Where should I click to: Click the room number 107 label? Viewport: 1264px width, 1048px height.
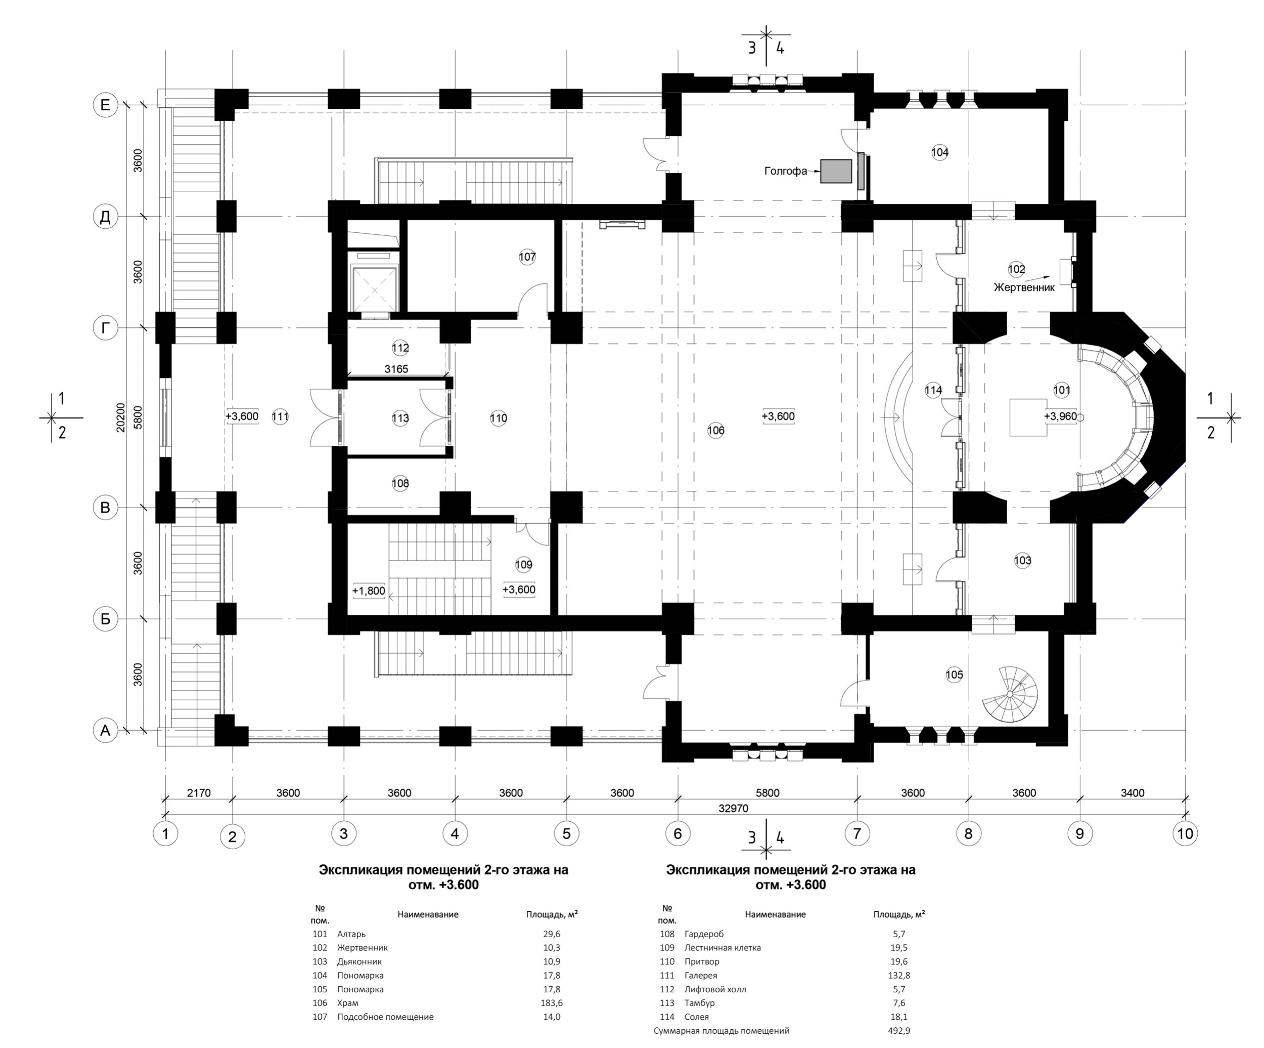click(x=527, y=257)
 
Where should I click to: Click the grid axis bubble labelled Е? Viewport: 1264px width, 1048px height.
click(x=105, y=106)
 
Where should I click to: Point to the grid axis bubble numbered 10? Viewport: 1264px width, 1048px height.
click(x=1185, y=833)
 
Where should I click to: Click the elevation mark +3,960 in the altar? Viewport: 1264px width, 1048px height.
click(x=1061, y=416)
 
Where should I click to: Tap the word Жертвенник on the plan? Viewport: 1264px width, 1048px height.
click(x=1024, y=288)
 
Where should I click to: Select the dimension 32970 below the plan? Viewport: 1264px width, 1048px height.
click(x=733, y=808)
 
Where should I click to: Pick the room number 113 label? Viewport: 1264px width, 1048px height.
click(x=400, y=418)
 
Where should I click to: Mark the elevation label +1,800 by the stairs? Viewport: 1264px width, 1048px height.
click(x=369, y=591)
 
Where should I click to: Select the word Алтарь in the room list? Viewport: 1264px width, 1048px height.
click(x=351, y=934)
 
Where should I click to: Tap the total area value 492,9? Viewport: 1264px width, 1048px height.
click(x=898, y=1030)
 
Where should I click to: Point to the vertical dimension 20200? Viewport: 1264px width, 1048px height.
click(x=121, y=417)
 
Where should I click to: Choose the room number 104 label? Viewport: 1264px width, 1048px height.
click(x=939, y=152)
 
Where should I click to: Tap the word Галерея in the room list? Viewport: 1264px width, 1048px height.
click(x=701, y=976)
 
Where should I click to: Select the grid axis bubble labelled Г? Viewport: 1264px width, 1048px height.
click(x=105, y=328)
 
